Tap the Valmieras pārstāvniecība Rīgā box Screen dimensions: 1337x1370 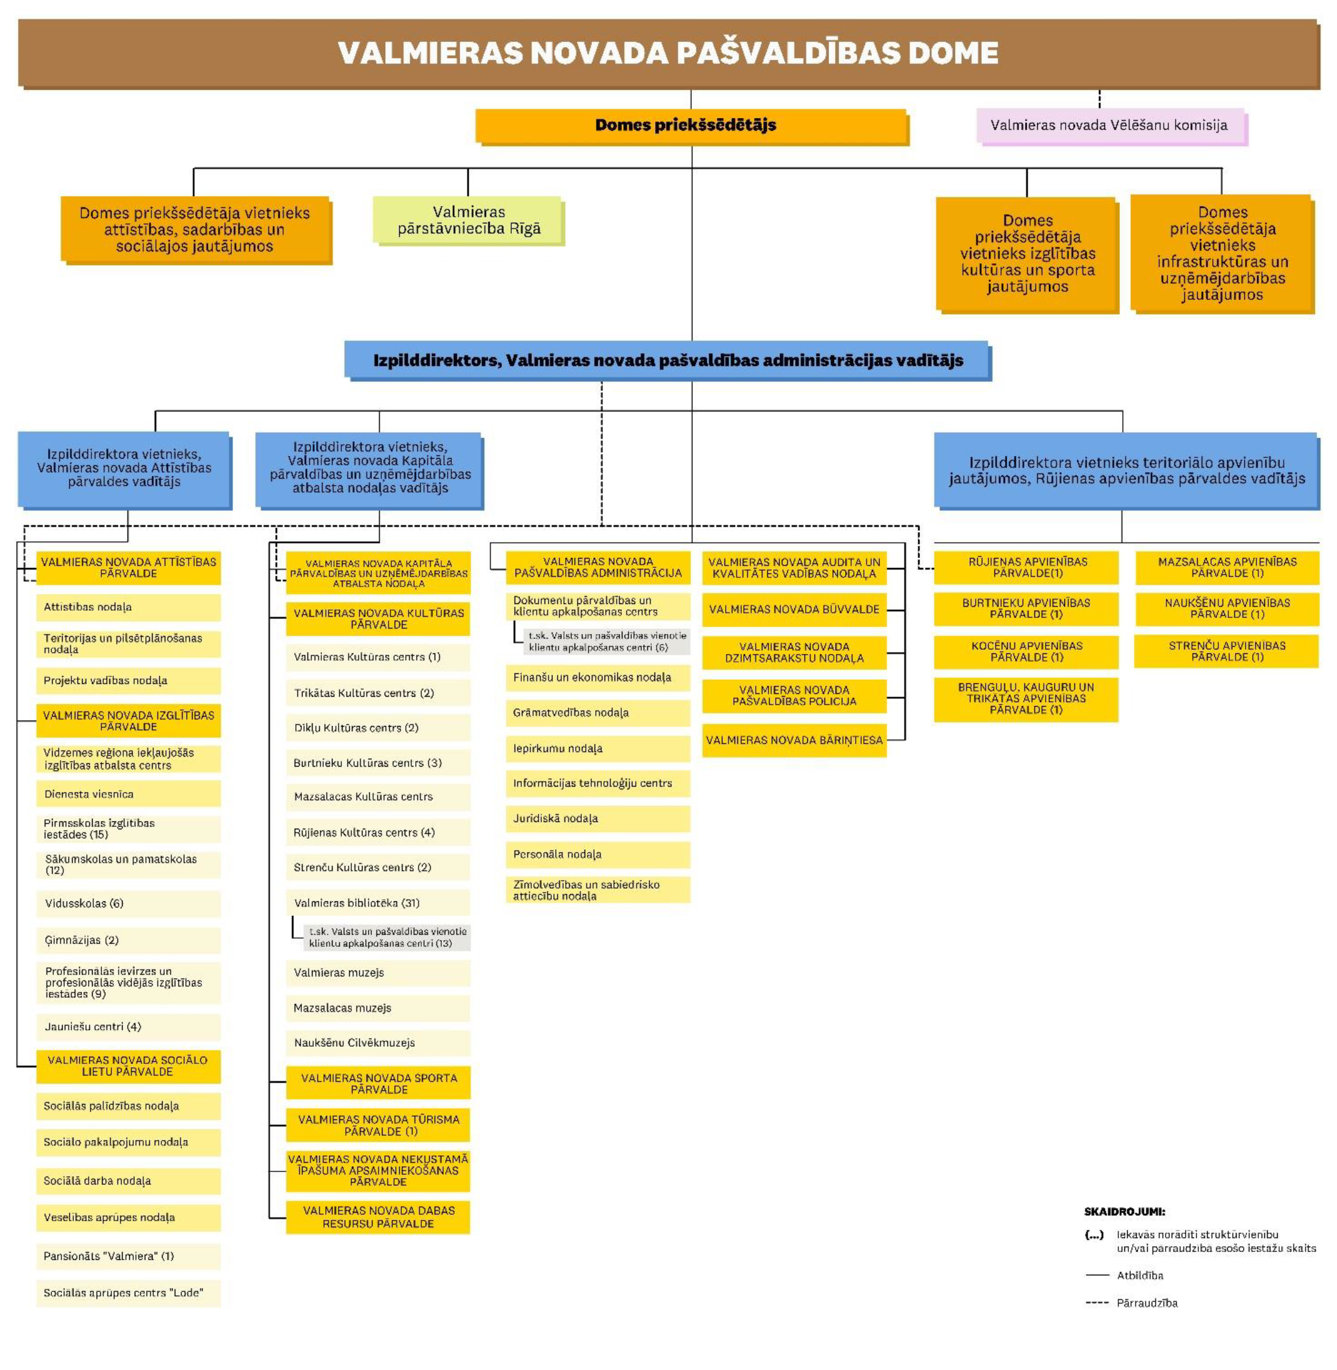pyautogui.click(x=469, y=221)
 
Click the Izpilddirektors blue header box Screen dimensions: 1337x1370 pyautogui.click(x=667, y=360)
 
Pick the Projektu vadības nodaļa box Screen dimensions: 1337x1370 pyautogui.click(x=129, y=681)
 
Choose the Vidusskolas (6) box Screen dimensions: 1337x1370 pyautogui.click(x=129, y=903)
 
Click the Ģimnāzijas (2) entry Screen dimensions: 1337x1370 pyautogui.click(x=129, y=939)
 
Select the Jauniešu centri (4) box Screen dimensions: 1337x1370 pyautogui.click(x=129, y=1027)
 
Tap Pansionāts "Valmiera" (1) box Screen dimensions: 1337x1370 pyautogui.click(x=129, y=1255)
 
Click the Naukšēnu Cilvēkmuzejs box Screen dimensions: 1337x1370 pyautogui.click(x=378, y=1043)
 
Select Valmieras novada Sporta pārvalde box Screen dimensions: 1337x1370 pyautogui.click(x=378, y=1083)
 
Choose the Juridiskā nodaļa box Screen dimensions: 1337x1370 pyautogui.click(x=598, y=819)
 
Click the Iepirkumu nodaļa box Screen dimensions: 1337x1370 pyautogui.click(x=598, y=749)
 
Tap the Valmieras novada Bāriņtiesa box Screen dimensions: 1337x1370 pyautogui.click(x=794, y=740)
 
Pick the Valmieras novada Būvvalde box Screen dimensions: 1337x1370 pyautogui.click(x=794, y=609)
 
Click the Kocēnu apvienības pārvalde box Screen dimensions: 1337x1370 pyautogui.click(x=1026, y=651)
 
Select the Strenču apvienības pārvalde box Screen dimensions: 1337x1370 pyautogui.click(x=1227, y=651)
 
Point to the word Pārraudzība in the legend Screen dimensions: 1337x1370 pyautogui.click(x=1146, y=1303)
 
